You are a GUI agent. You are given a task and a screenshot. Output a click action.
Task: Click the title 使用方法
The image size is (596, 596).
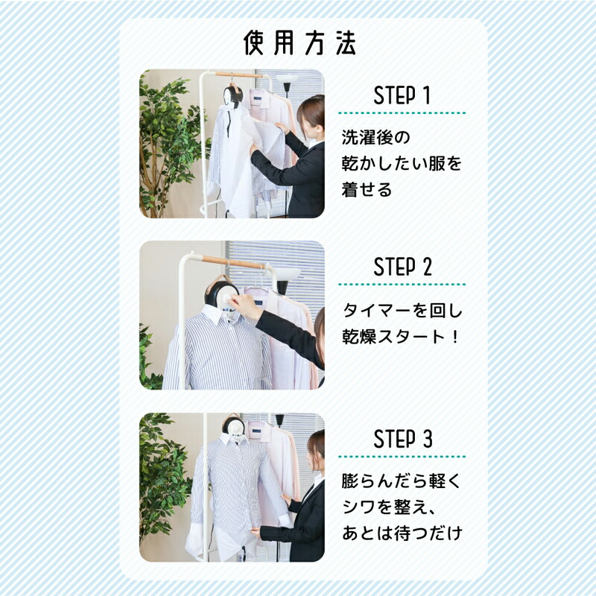pyautogui.click(x=299, y=43)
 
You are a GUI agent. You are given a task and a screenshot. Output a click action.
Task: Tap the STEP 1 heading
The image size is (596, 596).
pyautogui.click(x=402, y=96)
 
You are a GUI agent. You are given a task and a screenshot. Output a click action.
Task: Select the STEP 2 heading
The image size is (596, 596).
pyautogui.click(x=402, y=267)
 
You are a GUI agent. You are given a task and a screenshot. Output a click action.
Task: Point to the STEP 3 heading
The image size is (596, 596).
pyautogui.click(x=402, y=440)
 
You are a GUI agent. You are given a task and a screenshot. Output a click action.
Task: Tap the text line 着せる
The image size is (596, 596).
pyautogui.click(x=367, y=189)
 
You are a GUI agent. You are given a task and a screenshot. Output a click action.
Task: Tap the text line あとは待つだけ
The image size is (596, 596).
pyautogui.click(x=402, y=533)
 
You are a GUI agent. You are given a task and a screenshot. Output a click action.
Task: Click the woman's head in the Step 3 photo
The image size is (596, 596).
pyautogui.click(x=316, y=445)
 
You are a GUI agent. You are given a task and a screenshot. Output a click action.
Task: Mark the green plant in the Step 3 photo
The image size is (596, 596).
pyautogui.click(x=160, y=477)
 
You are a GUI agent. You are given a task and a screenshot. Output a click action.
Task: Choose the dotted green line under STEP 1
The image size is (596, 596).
pyautogui.click(x=402, y=113)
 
